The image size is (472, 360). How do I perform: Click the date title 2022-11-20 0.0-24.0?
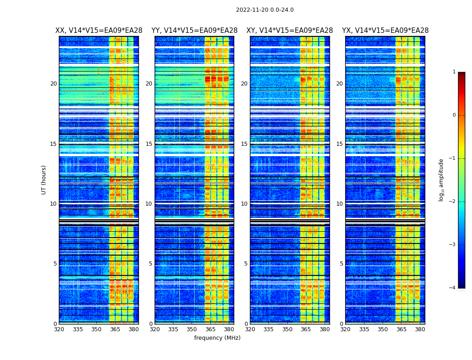click(x=264, y=10)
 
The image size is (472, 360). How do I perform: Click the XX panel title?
click(x=98, y=31)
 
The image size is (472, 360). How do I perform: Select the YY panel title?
click(x=194, y=31)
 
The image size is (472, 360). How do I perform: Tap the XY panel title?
click(x=289, y=31)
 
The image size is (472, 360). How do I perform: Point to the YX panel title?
click(x=385, y=31)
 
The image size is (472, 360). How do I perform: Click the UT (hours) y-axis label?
click(x=44, y=180)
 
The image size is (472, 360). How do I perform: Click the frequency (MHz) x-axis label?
click(x=217, y=338)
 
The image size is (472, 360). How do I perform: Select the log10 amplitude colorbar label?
click(x=441, y=180)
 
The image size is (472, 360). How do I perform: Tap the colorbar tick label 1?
click(x=454, y=72)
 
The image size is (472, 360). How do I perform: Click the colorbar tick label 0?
click(x=454, y=115)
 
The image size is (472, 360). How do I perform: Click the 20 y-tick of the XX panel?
click(x=53, y=84)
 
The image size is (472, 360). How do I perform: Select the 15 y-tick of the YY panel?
click(x=149, y=144)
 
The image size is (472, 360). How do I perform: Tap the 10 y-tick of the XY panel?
click(x=244, y=204)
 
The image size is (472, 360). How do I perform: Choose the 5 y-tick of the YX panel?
click(x=342, y=264)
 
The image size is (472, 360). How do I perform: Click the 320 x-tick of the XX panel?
click(x=59, y=329)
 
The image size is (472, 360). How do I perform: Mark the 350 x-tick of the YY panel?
click(x=192, y=329)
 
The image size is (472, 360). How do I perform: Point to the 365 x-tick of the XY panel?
click(x=306, y=329)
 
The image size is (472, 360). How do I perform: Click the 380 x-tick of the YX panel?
click(x=420, y=329)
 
